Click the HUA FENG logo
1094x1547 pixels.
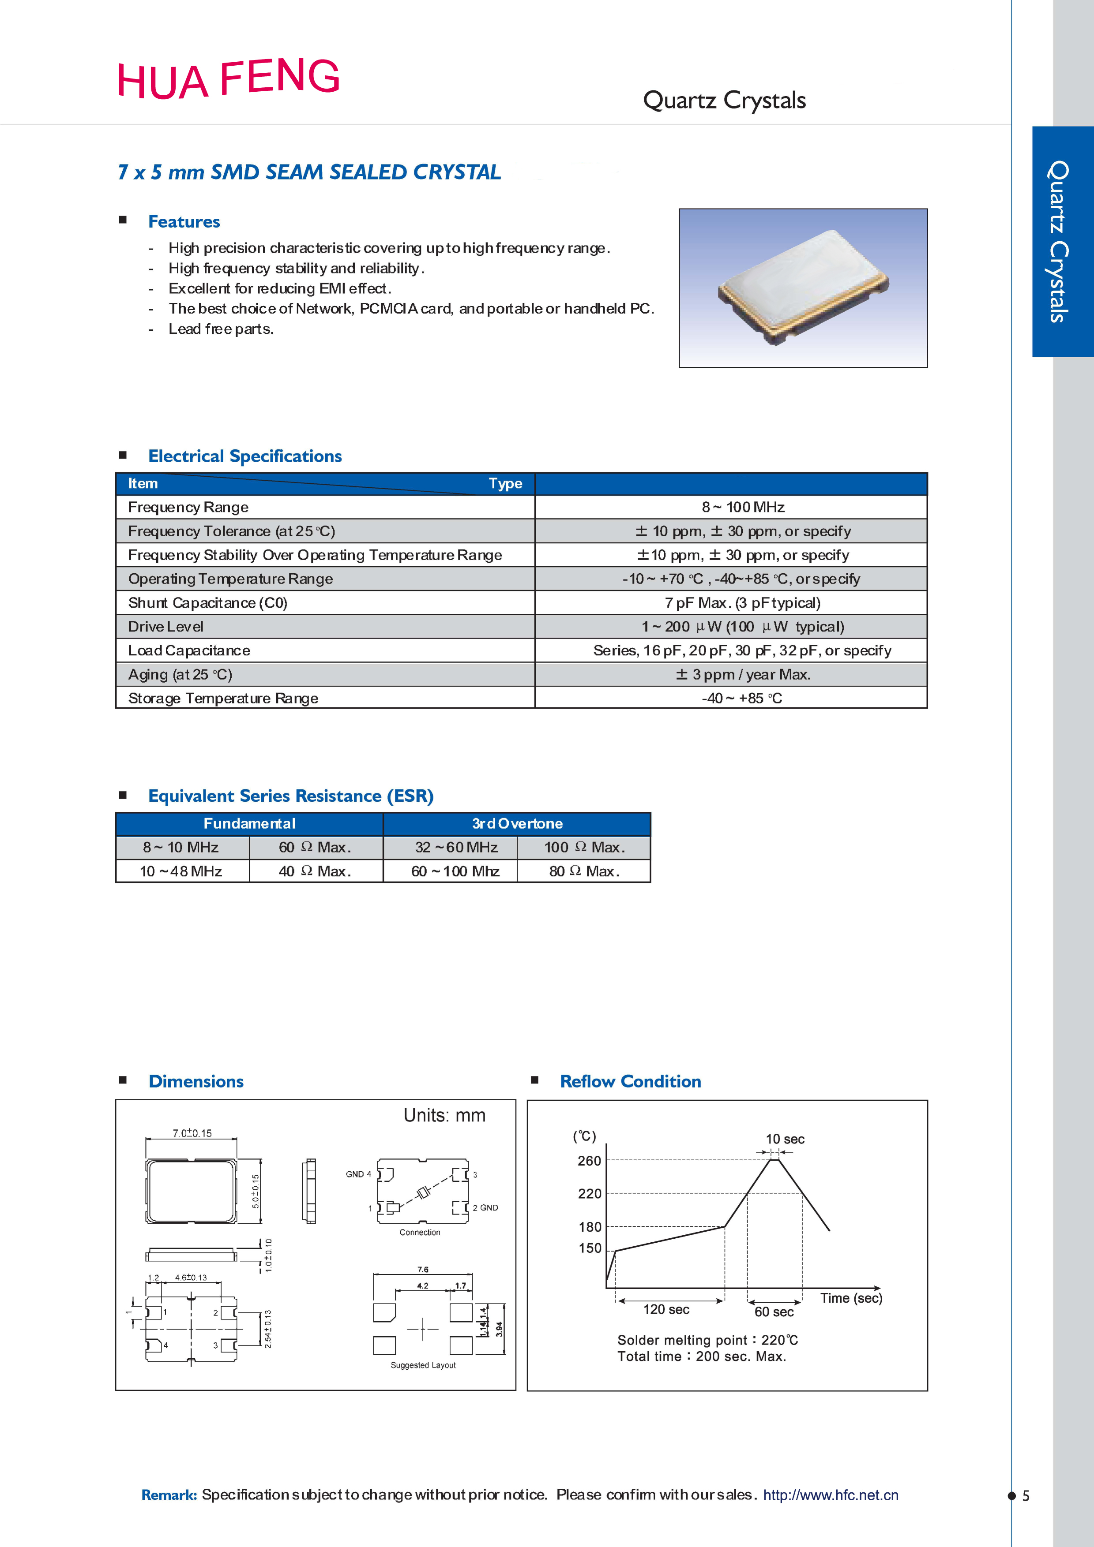click(229, 79)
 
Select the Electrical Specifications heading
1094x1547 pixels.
click(244, 456)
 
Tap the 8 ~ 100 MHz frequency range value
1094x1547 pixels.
click(743, 507)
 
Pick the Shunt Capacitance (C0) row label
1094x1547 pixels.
click(207, 603)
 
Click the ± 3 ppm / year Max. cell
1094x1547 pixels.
click(743, 674)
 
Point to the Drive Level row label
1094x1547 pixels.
click(166, 627)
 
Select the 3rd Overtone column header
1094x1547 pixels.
click(517, 823)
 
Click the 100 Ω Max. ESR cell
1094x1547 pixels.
click(584, 848)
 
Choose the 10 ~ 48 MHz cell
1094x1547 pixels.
click(181, 871)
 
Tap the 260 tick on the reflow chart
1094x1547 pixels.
click(589, 1161)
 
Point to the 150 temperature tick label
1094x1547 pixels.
click(590, 1248)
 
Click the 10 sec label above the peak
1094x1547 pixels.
click(785, 1140)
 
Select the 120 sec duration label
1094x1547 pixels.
click(666, 1309)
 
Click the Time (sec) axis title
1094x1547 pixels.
click(851, 1298)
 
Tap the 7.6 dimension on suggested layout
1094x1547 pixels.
click(423, 1270)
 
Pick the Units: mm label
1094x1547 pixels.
click(444, 1116)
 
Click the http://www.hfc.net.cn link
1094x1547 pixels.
click(831, 1495)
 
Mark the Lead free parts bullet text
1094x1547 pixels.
click(221, 329)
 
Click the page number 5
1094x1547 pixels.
click(1026, 1496)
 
